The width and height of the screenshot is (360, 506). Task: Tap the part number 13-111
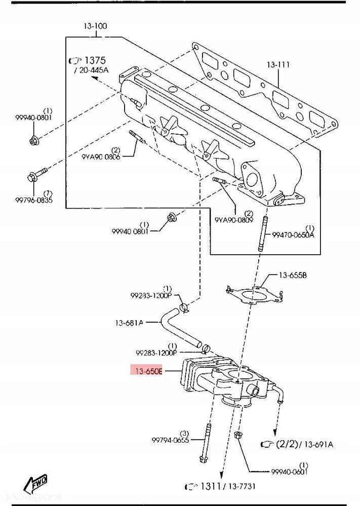coord(278,64)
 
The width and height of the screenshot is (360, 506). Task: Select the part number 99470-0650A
coord(294,235)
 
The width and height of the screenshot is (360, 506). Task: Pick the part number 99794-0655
coord(170,441)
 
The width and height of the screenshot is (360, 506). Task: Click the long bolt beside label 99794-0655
coord(205,443)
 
